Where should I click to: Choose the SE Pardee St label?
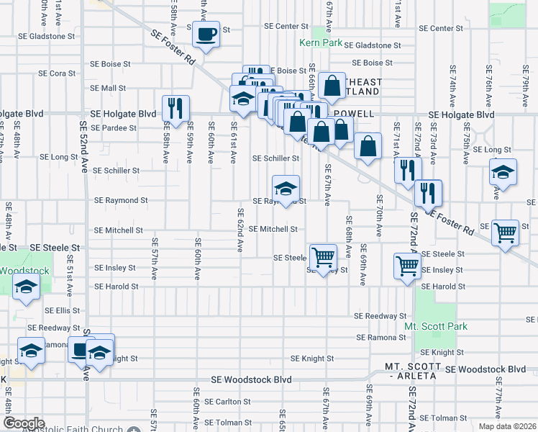(114, 128)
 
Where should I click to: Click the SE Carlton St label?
(227, 402)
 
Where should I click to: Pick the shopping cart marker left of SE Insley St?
(408, 266)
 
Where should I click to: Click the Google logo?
(24, 423)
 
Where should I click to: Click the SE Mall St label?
(108, 89)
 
